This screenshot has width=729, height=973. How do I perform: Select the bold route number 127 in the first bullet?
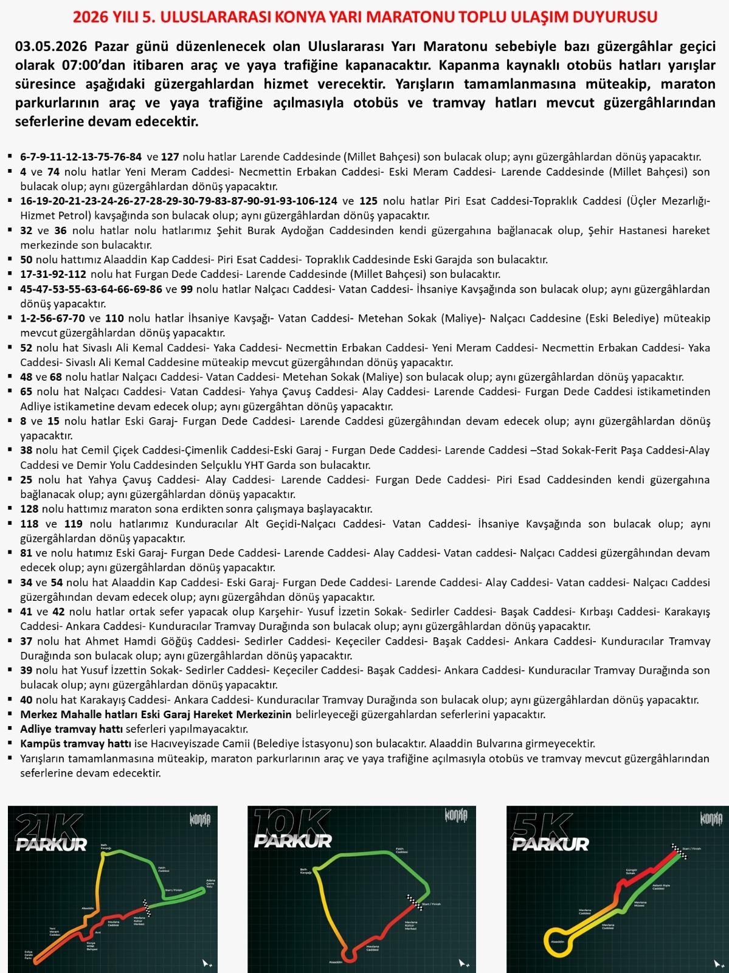click(x=171, y=156)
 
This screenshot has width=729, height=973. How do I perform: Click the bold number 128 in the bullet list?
click(x=29, y=508)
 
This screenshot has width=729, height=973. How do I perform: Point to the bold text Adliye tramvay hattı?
click(x=71, y=729)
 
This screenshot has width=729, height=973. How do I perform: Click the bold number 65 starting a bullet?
click(x=27, y=392)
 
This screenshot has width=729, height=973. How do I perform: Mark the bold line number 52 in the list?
click(x=27, y=348)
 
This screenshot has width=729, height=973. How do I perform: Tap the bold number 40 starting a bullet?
click(x=27, y=699)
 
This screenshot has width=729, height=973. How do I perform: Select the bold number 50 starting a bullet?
click(x=27, y=260)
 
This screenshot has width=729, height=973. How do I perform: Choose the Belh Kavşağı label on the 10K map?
click(x=305, y=871)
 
